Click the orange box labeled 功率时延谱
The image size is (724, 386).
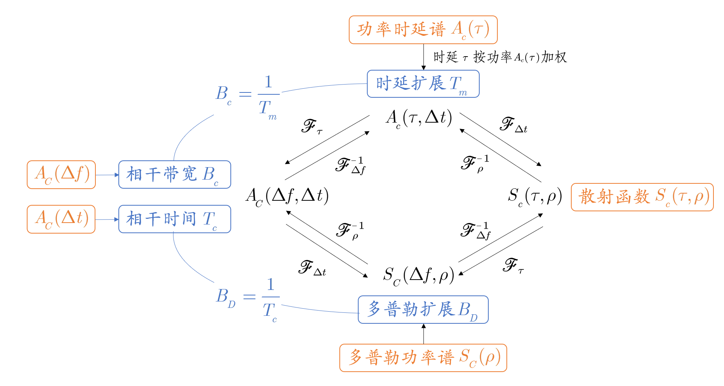pos(423,30)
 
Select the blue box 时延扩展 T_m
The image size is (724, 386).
pos(423,84)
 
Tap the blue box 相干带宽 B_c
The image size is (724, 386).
pos(175,174)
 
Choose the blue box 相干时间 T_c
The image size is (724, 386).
pos(175,219)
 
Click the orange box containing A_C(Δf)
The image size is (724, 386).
pos(61,175)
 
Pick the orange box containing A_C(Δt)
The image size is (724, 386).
pos(61,219)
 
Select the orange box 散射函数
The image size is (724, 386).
pos(642,197)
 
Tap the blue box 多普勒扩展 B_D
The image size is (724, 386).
pos(423,310)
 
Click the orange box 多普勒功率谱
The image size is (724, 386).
pos(423,358)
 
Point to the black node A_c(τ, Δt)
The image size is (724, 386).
pos(419,118)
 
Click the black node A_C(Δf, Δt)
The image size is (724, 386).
pos(287,196)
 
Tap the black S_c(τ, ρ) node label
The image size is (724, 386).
pos(535,196)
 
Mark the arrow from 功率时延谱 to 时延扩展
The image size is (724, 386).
pos(423,57)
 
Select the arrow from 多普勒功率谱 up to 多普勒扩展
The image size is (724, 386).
pos(423,334)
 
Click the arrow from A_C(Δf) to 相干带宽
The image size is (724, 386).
pos(107,175)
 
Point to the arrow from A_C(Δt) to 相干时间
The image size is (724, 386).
pos(107,219)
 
